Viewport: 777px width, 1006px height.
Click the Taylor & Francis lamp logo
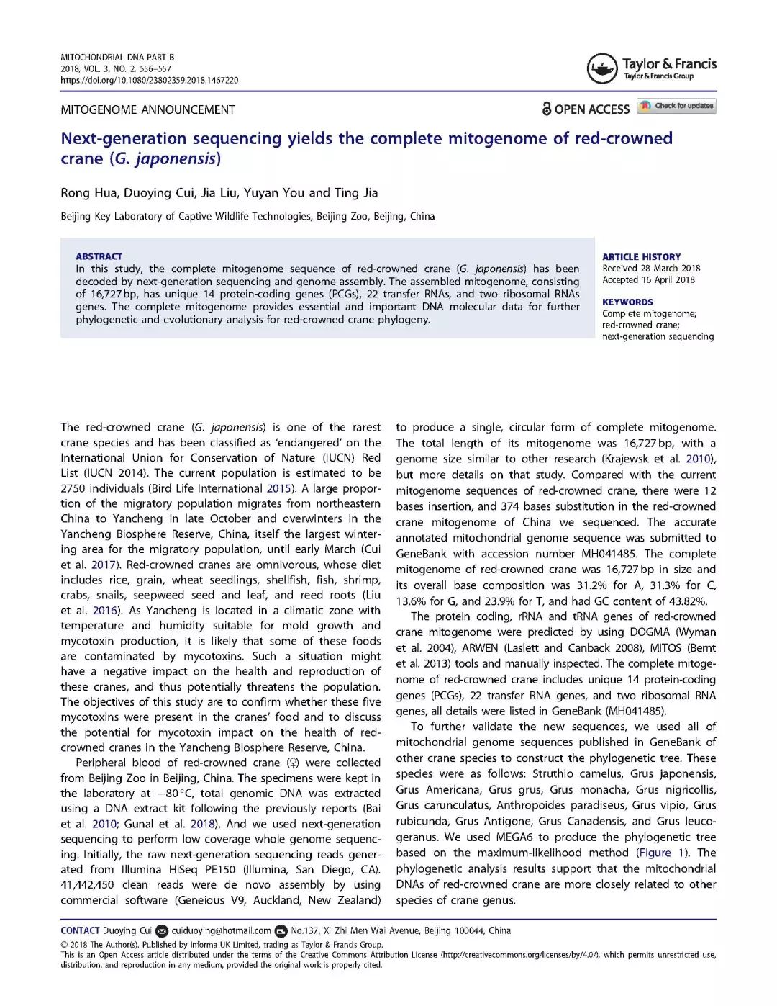(x=601, y=69)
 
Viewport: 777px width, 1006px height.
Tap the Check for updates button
(x=677, y=106)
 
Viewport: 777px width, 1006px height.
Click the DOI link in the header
(x=150, y=80)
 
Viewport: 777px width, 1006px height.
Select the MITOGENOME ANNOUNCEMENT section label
(x=147, y=109)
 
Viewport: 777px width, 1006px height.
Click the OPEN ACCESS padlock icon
(x=547, y=109)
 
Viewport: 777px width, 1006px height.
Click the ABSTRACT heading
(x=99, y=256)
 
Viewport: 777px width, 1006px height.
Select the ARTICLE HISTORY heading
(x=641, y=256)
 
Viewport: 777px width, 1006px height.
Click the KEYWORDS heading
(x=627, y=302)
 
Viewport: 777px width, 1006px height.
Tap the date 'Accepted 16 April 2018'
(x=648, y=279)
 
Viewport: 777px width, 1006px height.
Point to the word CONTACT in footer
(x=80, y=930)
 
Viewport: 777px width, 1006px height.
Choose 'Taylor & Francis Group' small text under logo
(x=658, y=76)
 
